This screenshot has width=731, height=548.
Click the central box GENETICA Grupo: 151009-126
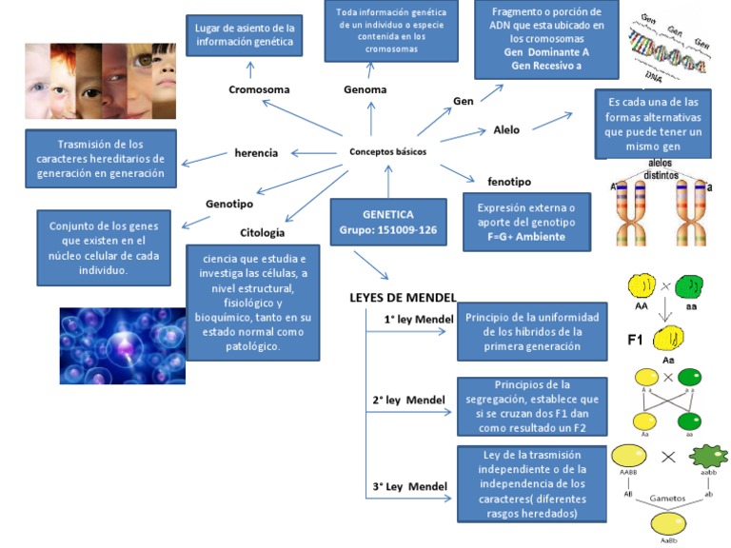(387, 222)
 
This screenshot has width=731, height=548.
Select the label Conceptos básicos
(387, 151)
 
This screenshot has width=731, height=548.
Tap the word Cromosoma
(259, 89)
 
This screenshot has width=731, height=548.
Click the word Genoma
(365, 89)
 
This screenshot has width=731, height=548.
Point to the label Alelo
(506, 129)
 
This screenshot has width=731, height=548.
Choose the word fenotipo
(509, 181)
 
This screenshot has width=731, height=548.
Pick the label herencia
(256, 152)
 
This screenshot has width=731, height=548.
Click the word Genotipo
(229, 203)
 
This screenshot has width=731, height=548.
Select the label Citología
(262, 232)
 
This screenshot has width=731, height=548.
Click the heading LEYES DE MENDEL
(403, 298)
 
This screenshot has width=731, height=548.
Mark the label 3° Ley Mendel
(410, 487)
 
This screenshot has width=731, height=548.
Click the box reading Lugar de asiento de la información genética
(245, 34)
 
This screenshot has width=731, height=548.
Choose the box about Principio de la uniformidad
(531, 332)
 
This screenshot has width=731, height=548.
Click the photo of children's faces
(99, 81)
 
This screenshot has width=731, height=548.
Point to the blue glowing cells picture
(122, 344)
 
